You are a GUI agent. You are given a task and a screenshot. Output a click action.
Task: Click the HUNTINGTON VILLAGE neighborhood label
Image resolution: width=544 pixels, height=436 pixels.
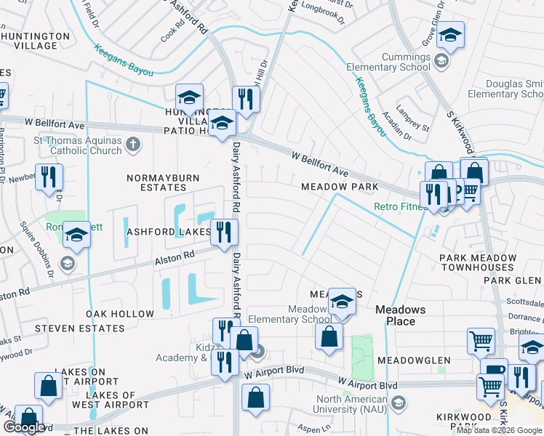[x=29, y=40]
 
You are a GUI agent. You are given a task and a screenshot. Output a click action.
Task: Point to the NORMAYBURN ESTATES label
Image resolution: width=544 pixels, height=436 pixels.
[x=157, y=182]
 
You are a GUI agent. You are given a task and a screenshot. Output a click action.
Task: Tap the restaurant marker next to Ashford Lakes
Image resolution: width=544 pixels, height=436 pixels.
[x=224, y=233]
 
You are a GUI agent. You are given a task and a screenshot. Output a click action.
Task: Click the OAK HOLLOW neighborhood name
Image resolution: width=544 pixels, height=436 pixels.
[x=120, y=314]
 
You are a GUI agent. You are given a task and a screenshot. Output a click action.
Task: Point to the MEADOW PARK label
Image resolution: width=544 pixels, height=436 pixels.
[x=340, y=187]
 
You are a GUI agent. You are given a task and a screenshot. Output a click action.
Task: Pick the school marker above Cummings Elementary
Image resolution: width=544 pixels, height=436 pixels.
[x=450, y=35]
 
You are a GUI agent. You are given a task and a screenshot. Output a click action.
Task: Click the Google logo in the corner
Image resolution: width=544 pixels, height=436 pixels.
[x=24, y=427]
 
